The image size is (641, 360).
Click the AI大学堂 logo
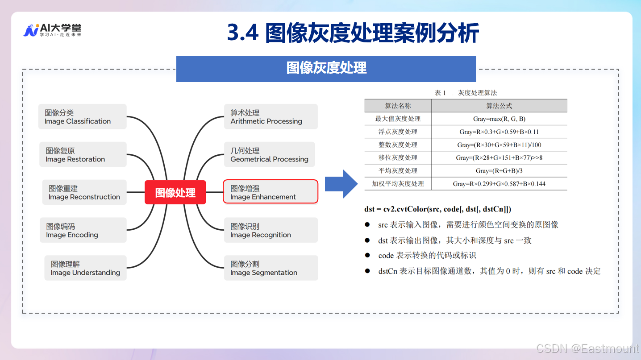pos(52,30)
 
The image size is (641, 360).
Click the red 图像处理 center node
pos(175,192)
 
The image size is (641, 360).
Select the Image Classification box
pos(82,117)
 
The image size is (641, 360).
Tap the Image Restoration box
pos(83,155)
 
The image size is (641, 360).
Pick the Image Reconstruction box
pos(84,192)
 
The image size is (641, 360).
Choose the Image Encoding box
pos(83,230)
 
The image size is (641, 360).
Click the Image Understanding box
pos(85,268)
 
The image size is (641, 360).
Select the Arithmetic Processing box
pos(271,117)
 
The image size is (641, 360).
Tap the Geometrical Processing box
pos(269,155)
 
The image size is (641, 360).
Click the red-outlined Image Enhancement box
pos(270,192)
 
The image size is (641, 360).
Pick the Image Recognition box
pos(271,230)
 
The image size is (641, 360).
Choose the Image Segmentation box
pos(271,268)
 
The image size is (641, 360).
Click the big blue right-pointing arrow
pos(341,183)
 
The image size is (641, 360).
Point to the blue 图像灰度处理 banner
pos(326,68)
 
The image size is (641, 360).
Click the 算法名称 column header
pos(398,106)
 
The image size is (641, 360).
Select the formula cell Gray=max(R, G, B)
pos(499,119)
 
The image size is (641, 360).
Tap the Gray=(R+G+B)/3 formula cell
pos(499,171)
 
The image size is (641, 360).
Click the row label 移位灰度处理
pos(398,157)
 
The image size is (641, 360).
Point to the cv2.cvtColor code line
pos(437,209)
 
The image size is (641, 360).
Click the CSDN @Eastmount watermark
pos(587,348)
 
